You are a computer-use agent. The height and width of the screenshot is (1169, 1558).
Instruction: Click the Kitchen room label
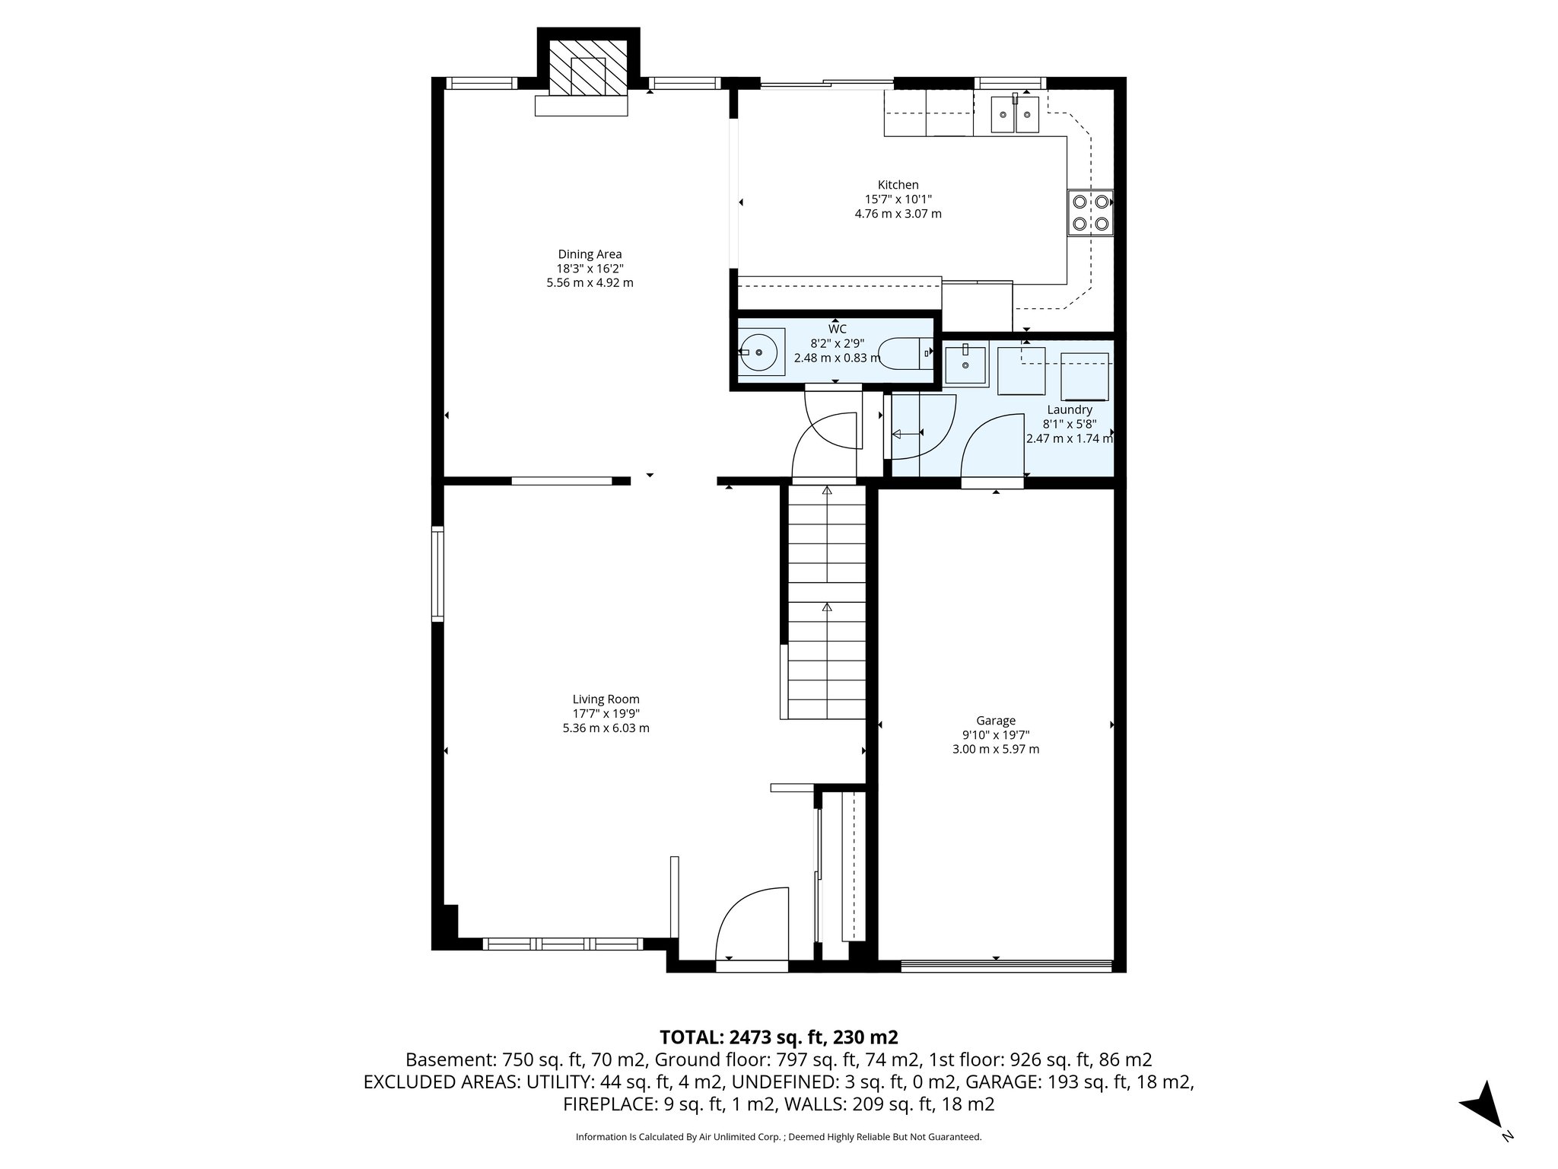[898, 185]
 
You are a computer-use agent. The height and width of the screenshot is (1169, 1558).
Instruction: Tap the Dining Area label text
[590, 254]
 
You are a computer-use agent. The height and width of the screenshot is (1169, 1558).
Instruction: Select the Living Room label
[606, 699]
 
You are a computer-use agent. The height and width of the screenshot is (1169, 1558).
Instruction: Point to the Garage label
[996, 721]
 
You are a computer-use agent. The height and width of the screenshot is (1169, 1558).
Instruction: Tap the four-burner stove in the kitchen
[1089, 213]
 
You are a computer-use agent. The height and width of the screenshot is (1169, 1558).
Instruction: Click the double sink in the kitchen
[1015, 115]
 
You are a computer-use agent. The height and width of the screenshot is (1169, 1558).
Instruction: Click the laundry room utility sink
[965, 366]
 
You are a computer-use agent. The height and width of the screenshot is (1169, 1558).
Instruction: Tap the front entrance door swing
[749, 925]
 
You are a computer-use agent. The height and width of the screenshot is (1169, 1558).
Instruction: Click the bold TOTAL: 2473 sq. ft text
[778, 1037]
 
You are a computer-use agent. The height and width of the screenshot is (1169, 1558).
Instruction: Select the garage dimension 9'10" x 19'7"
[996, 735]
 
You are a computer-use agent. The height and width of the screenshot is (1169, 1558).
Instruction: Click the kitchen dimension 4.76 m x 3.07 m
[898, 214]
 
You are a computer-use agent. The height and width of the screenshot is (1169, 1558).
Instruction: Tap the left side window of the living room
[437, 574]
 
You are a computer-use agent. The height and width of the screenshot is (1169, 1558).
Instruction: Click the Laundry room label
[1069, 410]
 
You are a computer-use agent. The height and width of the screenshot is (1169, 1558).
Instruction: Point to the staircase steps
[826, 601]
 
